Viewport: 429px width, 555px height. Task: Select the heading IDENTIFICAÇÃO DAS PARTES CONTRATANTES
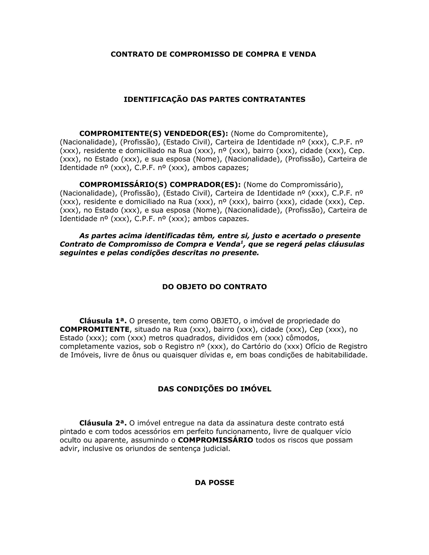pos(214,100)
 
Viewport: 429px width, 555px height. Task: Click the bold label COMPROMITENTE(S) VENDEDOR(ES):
pos(154,133)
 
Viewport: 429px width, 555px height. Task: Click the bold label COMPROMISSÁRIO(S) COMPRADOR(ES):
pos(160,185)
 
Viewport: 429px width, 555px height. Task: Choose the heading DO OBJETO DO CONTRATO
pos(214,287)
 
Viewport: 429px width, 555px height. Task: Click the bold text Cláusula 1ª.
pos(103,321)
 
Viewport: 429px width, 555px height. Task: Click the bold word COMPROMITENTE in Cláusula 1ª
pos(94,330)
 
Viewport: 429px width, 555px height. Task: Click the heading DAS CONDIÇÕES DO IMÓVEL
pos(214,389)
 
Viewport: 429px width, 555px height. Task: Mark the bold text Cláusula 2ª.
pos(103,423)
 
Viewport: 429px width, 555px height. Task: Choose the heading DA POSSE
pos(214,483)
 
